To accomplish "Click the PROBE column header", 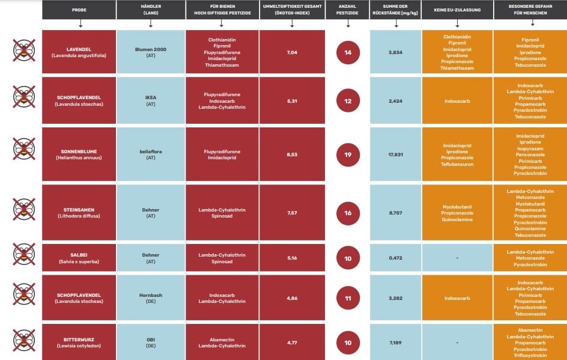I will coord(79,10).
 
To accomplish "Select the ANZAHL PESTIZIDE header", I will coord(348,10).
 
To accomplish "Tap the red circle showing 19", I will coord(348,154).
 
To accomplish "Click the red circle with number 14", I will coord(348,52).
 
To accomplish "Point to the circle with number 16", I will coord(348,213).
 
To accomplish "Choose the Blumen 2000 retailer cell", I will coord(150,52).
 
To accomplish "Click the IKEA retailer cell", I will coord(150,101).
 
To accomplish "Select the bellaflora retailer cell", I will coord(150,154).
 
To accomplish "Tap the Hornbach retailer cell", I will coord(150,297).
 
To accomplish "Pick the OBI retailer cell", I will coord(150,343).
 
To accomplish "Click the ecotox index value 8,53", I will coord(293,154).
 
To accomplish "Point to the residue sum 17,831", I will coord(395,154).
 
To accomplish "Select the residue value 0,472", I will coord(395,258).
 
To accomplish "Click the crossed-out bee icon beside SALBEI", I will coord(24,254).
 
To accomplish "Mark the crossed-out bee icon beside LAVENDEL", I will coord(24,50).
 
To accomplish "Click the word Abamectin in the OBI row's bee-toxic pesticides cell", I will coord(222,339).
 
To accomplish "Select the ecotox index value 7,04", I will coord(293,52).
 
